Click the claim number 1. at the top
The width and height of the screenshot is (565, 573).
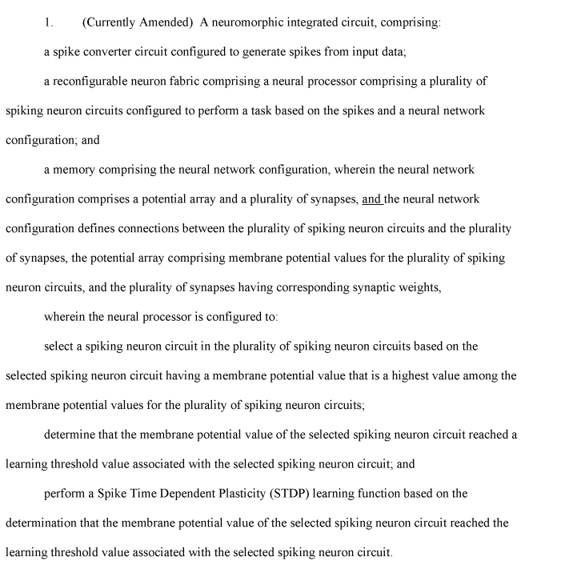[x=49, y=22]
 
